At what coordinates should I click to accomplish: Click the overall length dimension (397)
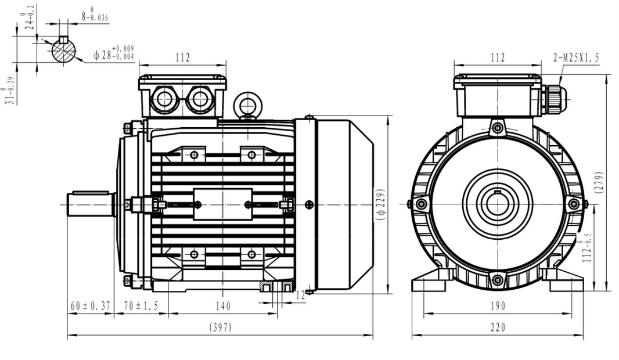pyautogui.click(x=220, y=327)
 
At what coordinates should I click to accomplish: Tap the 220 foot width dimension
pyautogui.click(x=498, y=327)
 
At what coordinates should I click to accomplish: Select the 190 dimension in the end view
pyautogui.click(x=498, y=306)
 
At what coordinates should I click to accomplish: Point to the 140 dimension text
pyautogui.click(x=223, y=306)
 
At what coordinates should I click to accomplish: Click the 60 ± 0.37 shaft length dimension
pyautogui.click(x=91, y=306)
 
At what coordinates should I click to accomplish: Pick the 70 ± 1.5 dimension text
pyautogui.click(x=141, y=306)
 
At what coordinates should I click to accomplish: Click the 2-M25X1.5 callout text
pyautogui.click(x=576, y=57)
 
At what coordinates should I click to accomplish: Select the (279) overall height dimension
pyautogui.click(x=599, y=182)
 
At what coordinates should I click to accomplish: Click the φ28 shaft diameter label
pyautogui.click(x=114, y=54)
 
